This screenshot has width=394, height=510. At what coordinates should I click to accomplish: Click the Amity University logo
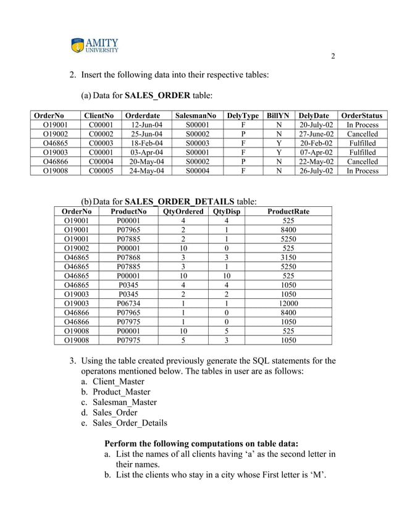[x=96, y=47]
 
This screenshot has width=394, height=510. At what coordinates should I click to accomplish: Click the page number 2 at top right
[x=333, y=57]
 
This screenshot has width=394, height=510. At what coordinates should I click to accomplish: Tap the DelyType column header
[x=243, y=115]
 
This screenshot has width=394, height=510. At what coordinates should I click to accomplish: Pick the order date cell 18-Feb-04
[x=147, y=143]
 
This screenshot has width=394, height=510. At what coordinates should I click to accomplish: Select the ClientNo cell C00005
[x=101, y=171]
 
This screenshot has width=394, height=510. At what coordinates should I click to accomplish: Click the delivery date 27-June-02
[x=316, y=134]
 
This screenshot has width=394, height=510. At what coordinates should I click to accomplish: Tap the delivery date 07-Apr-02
[x=316, y=153]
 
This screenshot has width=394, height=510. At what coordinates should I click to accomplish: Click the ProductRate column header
[x=288, y=211]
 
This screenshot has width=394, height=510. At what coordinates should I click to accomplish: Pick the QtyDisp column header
[x=226, y=211]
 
